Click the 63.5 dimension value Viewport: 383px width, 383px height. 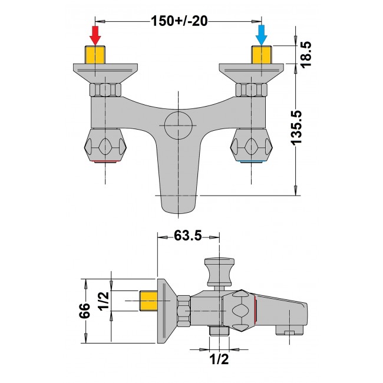(x=188, y=235)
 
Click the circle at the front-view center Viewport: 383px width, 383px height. (x=179, y=125)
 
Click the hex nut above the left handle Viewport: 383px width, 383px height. (x=105, y=90)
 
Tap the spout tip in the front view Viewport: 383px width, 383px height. (x=179, y=203)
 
